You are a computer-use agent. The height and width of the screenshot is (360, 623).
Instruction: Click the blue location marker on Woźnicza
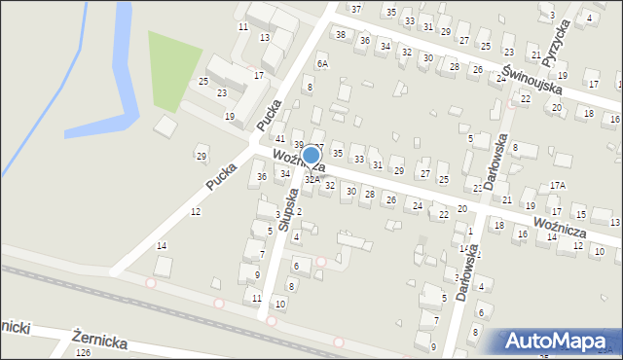311,156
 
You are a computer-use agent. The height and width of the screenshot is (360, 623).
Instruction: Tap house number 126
82,353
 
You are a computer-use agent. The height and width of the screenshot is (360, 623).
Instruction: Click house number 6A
322,63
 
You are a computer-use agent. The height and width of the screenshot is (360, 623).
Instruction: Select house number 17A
557,185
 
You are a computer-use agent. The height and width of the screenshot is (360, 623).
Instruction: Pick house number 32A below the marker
311,179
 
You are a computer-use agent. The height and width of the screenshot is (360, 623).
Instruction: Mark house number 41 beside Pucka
279,139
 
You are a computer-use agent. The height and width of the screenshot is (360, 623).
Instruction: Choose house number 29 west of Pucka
202,157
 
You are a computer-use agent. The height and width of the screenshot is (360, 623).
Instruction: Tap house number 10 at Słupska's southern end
279,305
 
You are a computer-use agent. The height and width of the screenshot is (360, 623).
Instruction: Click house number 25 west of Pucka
203,81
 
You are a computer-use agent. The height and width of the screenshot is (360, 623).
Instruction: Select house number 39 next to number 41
299,144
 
